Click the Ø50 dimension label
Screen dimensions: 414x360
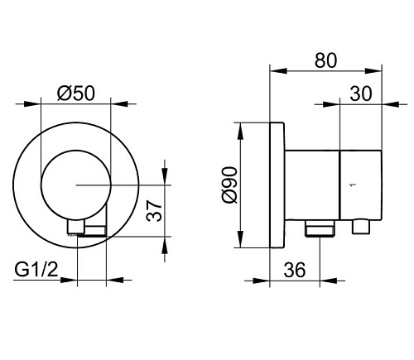coord(76,93)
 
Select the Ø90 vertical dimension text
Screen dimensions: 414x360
coord(229,185)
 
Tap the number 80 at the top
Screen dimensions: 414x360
coord(325,60)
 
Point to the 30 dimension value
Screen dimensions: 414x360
coord(361,94)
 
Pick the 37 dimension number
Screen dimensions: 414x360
coord(154,210)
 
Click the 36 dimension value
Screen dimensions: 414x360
coord(295,270)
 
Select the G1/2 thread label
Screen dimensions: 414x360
coord(36,269)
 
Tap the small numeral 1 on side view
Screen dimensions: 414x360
coord(352,185)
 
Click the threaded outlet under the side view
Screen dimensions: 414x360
coord(320,228)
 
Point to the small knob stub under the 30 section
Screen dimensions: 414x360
coord(361,227)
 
